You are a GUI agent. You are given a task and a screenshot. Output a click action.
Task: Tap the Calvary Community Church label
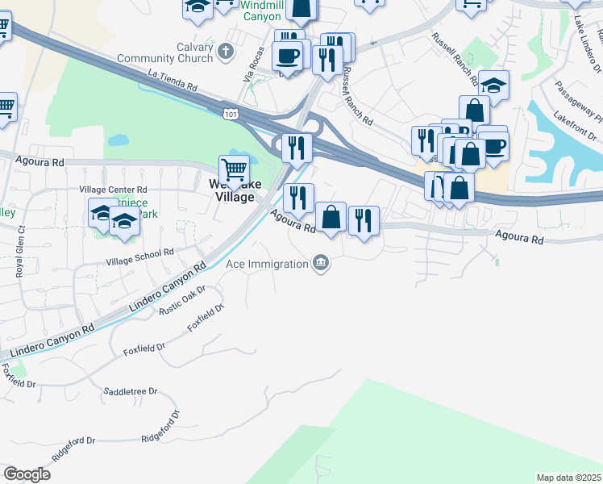click(x=165, y=52)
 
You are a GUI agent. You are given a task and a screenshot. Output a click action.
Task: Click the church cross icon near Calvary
click(x=226, y=51)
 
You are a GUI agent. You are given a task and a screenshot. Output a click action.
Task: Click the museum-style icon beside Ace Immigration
click(x=321, y=263)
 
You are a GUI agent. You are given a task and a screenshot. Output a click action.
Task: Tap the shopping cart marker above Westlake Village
click(x=234, y=170)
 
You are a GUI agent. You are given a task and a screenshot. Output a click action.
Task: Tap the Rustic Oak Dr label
click(x=183, y=300)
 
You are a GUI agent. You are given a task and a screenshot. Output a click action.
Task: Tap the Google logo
click(x=27, y=474)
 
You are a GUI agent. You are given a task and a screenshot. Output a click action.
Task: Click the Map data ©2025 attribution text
click(x=569, y=478)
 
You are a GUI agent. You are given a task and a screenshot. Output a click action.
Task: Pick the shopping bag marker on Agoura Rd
click(x=331, y=217)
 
